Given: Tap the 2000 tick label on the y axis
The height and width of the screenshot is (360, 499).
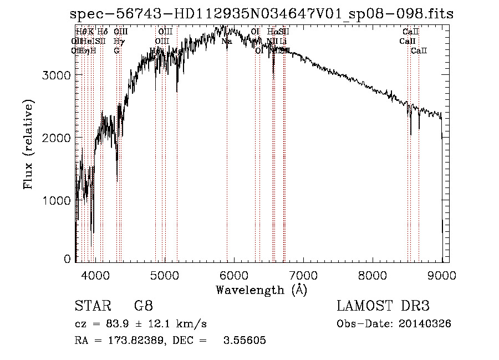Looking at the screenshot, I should click(57, 137).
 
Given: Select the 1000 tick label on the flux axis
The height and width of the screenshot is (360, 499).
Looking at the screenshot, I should click(57, 200).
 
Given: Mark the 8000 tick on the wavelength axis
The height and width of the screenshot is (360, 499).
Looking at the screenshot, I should click(372, 275).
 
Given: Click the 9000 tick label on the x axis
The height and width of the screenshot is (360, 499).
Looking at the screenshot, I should click(441, 275).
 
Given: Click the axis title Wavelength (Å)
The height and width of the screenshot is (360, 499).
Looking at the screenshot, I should click(261, 290).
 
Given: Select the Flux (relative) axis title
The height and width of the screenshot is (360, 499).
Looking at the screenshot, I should click(28, 144).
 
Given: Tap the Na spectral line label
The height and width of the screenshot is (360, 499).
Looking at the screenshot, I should click(227, 41).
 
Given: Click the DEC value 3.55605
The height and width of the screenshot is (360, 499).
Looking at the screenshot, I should click(245, 341).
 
